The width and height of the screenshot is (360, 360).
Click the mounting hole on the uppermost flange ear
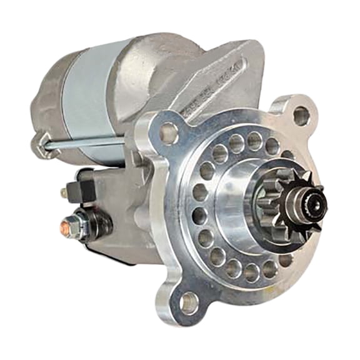[x=301, y=116]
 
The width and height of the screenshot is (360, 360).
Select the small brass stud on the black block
[x=64, y=192]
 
